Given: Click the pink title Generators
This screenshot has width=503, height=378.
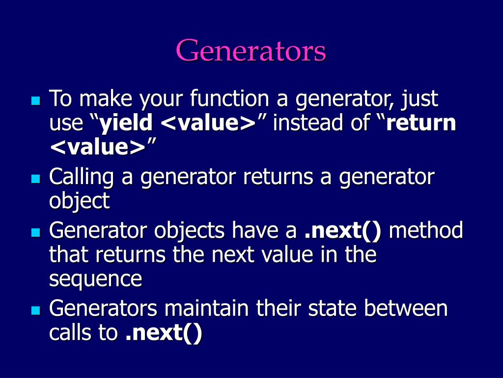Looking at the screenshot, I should [x=251, y=51].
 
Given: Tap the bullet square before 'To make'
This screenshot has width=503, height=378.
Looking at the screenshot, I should [x=34, y=101].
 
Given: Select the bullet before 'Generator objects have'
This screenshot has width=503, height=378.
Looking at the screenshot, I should [x=34, y=232].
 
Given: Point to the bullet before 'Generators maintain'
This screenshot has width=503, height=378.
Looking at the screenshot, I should [x=34, y=311].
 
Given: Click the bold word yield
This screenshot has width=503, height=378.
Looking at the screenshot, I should [x=126, y=124].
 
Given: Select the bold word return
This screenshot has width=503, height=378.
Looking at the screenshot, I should [x=421, y=124].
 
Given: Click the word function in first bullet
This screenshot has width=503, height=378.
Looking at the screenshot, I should [x=230, y=99].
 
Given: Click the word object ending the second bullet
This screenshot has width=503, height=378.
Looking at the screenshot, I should [x=79, y=201].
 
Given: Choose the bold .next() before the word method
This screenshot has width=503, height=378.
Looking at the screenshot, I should [x=342, y=230].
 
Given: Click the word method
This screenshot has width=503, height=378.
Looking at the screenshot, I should [x=425, y=230].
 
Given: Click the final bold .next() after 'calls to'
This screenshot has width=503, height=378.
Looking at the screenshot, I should [x=164, y=333].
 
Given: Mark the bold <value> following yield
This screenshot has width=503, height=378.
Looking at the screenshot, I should [x=208, y=124].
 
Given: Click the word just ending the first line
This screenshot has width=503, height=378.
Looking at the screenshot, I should [x=419, y=99].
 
